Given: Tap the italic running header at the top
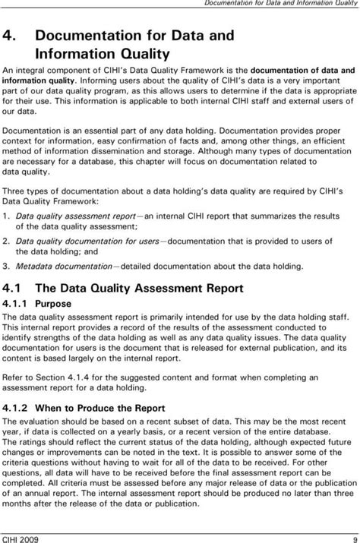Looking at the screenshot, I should pyautogui.click(x=280, y=6).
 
